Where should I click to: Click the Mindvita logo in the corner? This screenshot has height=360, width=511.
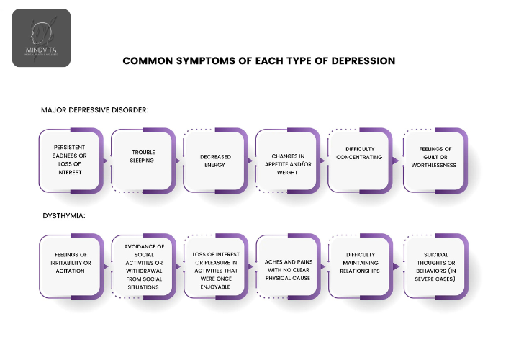point(41,37)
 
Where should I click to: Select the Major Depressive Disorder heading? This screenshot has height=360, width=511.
point(95,110)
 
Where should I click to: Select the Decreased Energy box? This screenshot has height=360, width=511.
point(214,160)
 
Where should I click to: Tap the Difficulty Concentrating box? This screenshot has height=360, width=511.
point(359,153)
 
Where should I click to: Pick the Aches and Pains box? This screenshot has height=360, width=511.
point(287,264)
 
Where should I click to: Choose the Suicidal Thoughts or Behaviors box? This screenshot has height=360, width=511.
point(433,264)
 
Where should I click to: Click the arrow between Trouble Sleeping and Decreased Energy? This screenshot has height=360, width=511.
point(178,160)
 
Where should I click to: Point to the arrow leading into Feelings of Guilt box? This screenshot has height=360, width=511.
point(396,160)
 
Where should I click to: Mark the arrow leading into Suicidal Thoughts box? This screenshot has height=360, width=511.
point(396,266)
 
